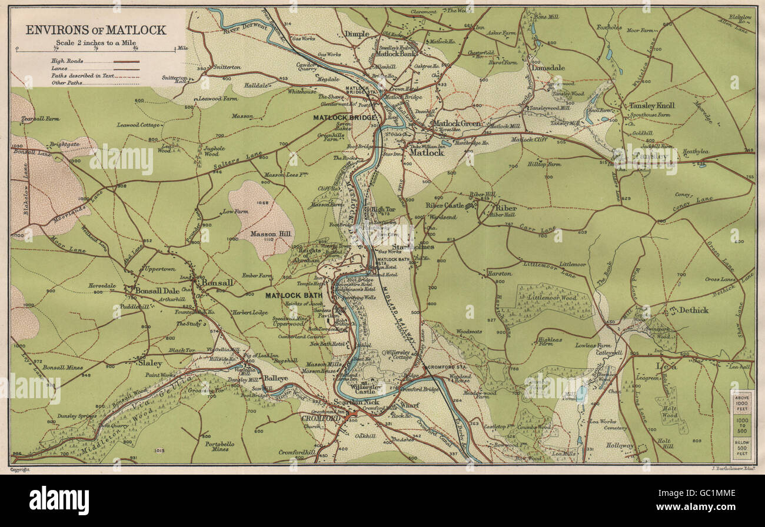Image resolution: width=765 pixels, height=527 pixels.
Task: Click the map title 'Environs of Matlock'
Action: coord(97,30)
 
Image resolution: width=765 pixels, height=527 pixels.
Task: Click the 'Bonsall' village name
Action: coord(217,282)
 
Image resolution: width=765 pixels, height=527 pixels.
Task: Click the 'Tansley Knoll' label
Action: coord(651,106)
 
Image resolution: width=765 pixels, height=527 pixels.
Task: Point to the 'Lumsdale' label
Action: coord(548,68)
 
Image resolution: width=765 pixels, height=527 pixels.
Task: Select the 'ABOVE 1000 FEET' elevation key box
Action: coord(742,402)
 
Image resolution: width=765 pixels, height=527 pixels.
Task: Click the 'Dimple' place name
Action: coord(357,34)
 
